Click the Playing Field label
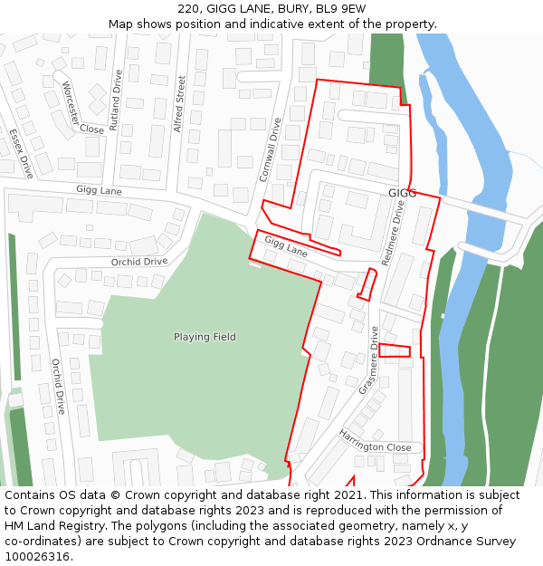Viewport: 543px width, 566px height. (x=205, y=337)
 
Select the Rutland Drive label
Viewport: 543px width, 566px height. (x=115, y=101)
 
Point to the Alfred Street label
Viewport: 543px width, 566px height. (x=179, y=104)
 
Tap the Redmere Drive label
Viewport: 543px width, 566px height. (x=394, y=233)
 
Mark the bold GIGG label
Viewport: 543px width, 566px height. (x=402, y=194)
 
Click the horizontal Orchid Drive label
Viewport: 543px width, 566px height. (x=139, y=262)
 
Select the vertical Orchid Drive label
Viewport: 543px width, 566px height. (x=57, y=386)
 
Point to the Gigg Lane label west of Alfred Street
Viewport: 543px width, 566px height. (x=99, y=191)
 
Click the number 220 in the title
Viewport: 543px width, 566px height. (x=189, y=9)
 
